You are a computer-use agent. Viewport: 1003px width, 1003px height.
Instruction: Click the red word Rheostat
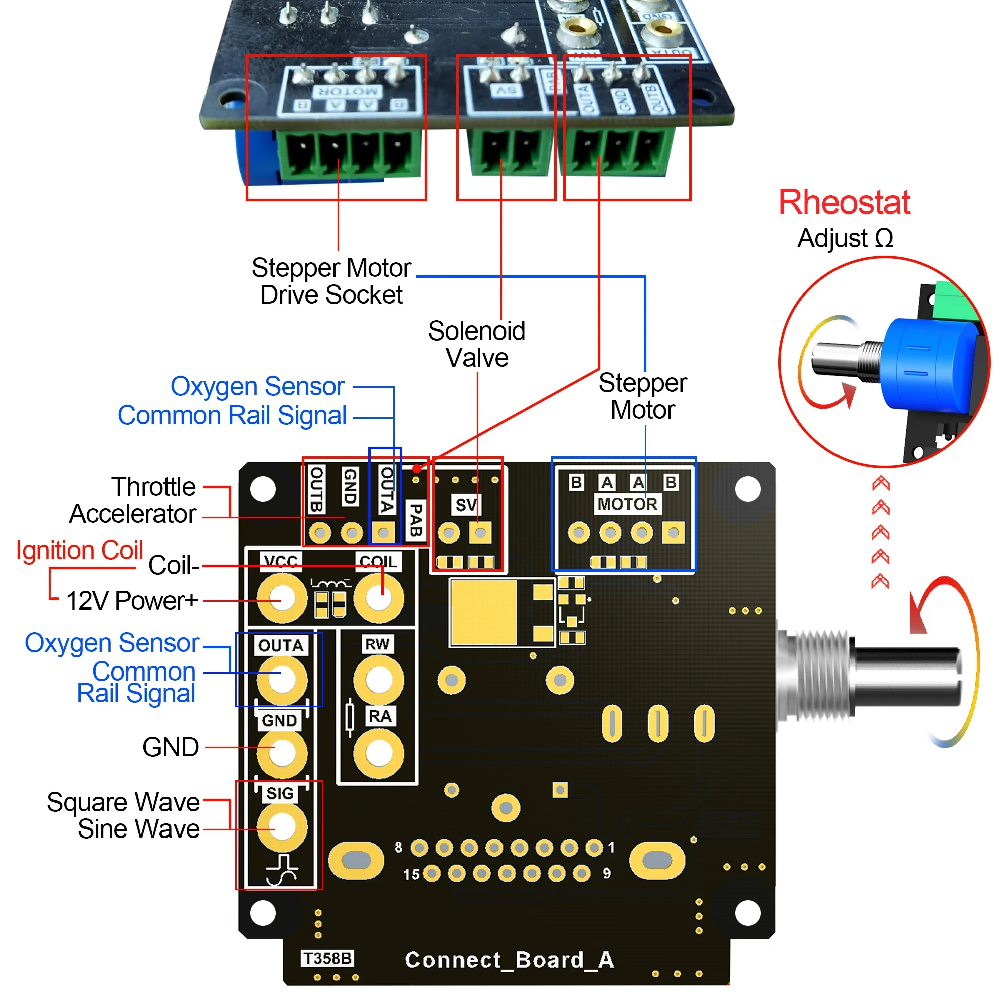pyautogui.click(x=844, y=202)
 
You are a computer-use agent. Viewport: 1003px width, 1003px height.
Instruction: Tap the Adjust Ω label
pyautogui.click(x=845, y=238)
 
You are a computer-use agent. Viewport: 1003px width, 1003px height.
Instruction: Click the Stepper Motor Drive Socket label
pyautogui.click(x=331, y=281)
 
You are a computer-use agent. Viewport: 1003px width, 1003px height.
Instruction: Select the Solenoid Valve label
pyautogui.click(x=476, y=344)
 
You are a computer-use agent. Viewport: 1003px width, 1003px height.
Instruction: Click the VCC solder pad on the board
pyautogui.click(x=282, y=598)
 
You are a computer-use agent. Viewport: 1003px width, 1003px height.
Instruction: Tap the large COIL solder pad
pyautogui.click(x=379, y=598)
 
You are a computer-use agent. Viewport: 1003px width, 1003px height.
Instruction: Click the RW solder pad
pyautogui.click(x=379, y=680)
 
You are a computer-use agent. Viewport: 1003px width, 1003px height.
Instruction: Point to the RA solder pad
pyautogui.click(x=379, y=753)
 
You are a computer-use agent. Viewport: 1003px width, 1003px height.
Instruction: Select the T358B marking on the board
pyautogui.click(x=327, y=958)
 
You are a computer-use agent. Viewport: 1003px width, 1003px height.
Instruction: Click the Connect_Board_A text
pyautogui.click(x=510, y=960)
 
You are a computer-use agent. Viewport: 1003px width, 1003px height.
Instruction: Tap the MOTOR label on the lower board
pyautogui.click(x=627, y=504)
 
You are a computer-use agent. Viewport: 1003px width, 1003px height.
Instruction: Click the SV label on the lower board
pyautogui.click(x=466, y=505)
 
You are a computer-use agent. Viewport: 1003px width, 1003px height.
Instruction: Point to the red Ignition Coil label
pyautogui.click(x=79, y=550)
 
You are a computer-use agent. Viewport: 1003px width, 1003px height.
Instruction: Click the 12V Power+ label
pyautogui.click(x=132, y=601)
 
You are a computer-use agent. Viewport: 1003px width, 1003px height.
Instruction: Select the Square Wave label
pyautogui.click(x=123, y=802)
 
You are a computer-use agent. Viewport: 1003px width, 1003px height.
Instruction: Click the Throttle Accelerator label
pyautogui.click(x=133, y=500)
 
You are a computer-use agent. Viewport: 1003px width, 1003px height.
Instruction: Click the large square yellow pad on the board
pyautogui.click(x=484, y=613)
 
